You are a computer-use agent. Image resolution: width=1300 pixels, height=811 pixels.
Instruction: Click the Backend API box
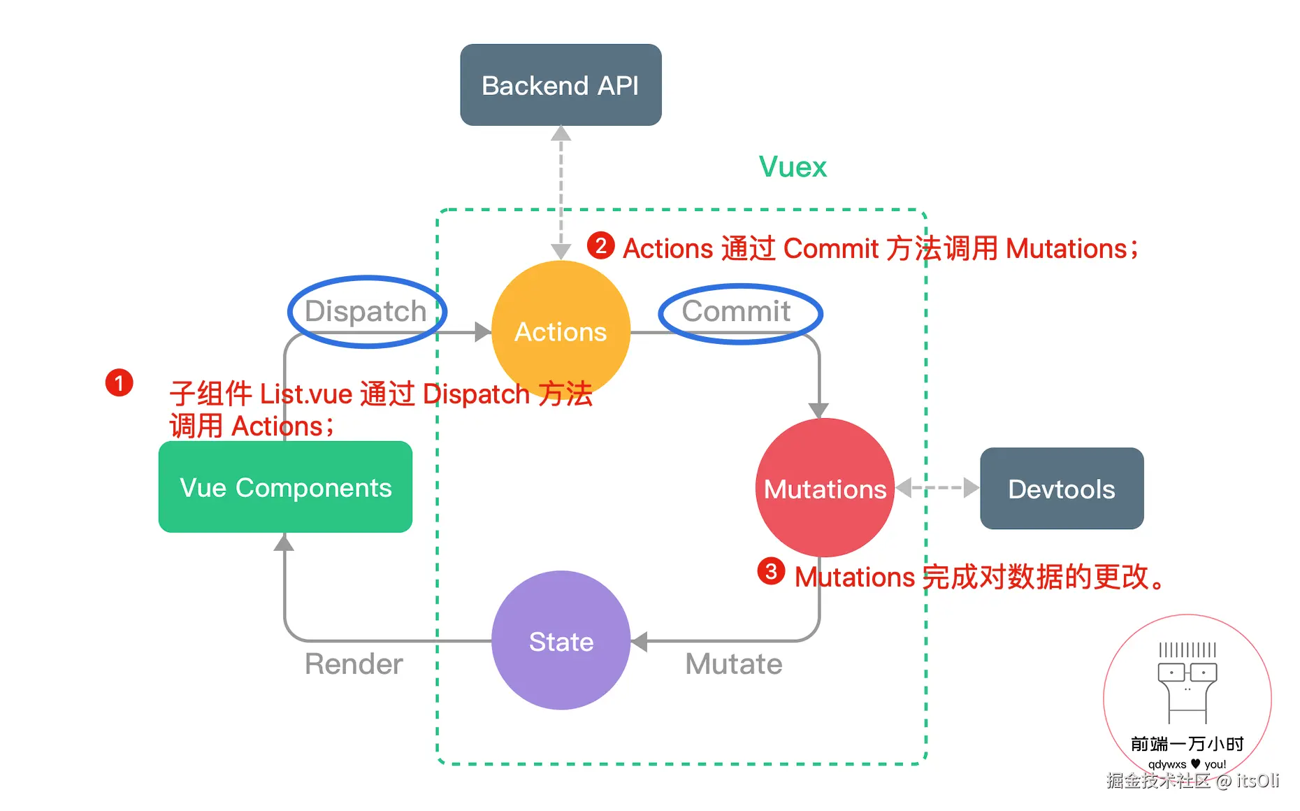point(561,85)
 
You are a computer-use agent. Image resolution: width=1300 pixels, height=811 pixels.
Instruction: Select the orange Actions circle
point(561,331)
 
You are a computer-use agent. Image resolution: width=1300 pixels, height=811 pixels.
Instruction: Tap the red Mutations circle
point(825,488)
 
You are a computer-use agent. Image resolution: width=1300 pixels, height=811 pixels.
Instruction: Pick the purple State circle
point(561,640)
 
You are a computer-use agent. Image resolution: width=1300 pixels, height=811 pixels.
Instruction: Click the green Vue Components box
point(285,487)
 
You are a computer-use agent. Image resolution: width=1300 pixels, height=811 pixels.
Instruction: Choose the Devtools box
point(1061,489)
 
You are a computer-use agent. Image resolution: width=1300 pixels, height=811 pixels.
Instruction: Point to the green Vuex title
point(793,167)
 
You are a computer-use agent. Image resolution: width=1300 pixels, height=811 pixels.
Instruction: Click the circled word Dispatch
point(366,311)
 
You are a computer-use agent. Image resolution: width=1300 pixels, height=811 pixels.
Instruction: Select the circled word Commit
point(737,311)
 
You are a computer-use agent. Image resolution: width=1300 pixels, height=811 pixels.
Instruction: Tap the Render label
point(354,663)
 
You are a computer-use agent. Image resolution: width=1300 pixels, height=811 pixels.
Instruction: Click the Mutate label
point(733,663)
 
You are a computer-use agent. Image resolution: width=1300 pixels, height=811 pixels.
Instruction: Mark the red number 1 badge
point(120,382)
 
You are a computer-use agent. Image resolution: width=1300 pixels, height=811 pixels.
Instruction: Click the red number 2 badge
point(600,245)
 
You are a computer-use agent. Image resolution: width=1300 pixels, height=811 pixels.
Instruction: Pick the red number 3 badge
point(771,571)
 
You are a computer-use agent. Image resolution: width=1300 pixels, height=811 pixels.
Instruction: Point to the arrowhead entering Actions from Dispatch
point(482,332)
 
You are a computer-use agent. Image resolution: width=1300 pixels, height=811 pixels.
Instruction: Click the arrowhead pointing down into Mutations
point(818,410)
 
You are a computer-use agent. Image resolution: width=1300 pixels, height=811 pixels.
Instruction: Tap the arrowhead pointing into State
point(639,641)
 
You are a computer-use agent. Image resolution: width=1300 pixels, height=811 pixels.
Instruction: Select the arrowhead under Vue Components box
point(284,542)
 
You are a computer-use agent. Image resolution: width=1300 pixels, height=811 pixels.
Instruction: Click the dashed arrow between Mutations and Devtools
point(937,487)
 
